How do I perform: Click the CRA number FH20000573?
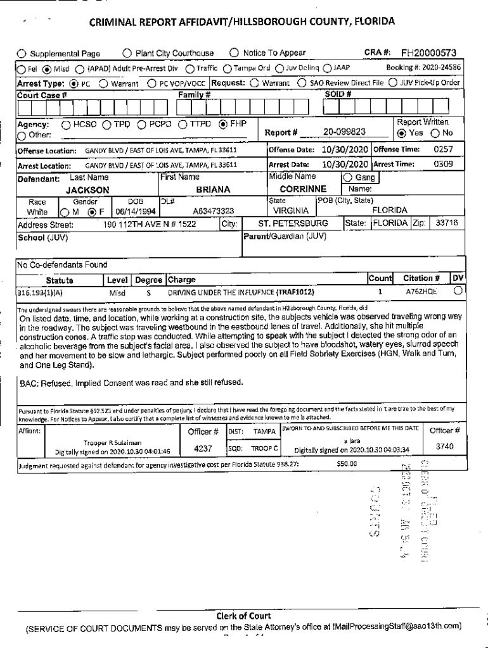(428, 53)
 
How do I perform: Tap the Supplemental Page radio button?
(21, 54)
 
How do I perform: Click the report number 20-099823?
(343, 132)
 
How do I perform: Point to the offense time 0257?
(442, 150)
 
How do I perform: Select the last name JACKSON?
(88, 190)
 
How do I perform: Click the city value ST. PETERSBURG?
(293, 223)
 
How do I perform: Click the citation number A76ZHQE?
(421, 292)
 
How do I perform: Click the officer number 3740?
(444, 446)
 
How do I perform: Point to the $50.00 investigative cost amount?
(347, 463)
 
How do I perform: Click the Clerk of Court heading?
(243, 616)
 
